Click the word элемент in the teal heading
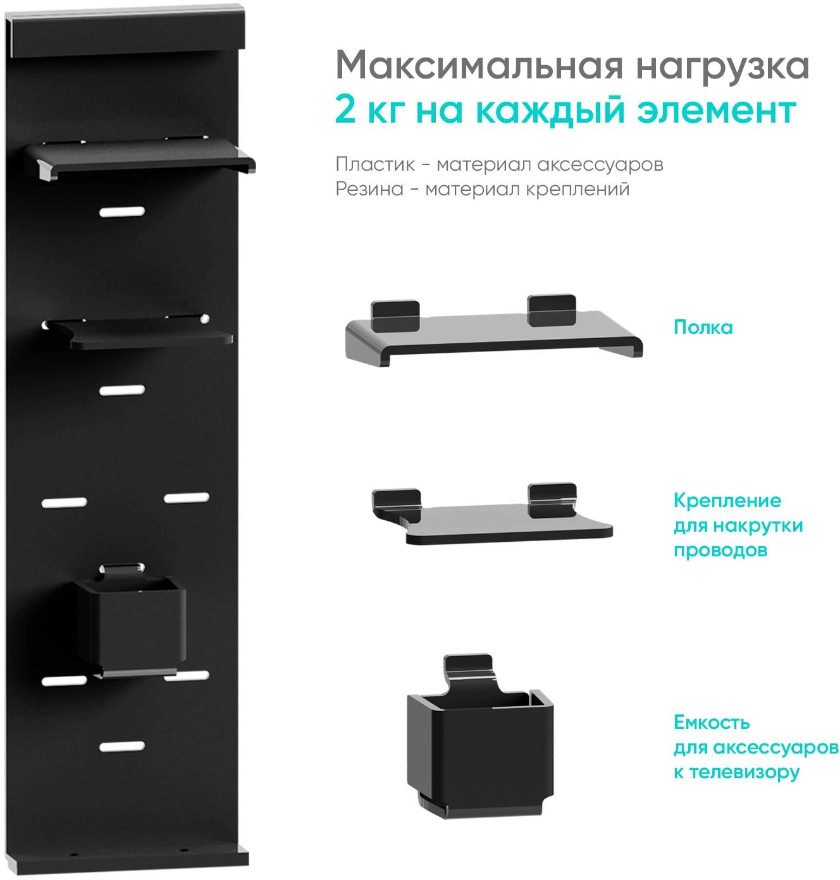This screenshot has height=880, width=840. [x=717, y=111]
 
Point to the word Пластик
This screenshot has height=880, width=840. [x=375, y=165]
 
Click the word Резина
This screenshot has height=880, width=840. [x=369, y=189]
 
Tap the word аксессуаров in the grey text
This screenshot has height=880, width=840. [x=600, y=165]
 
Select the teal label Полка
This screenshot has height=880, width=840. [x=703, y=327]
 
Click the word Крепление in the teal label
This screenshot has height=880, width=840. [x=727, y=501]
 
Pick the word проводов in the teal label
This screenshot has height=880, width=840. [x=720, y=550]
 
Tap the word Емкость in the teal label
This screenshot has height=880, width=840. [x=712, y=723]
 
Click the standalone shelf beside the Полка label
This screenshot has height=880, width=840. [x=494, y=331]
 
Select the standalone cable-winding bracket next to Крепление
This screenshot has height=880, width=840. [x=492, y=514]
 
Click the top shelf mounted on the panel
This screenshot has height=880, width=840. [x=140, y=157]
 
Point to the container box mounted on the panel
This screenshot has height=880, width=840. [x=130, y=619]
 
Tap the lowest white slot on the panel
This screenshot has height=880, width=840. [x=122, y=746]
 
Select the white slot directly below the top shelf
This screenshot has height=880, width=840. [x=122, y=212]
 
